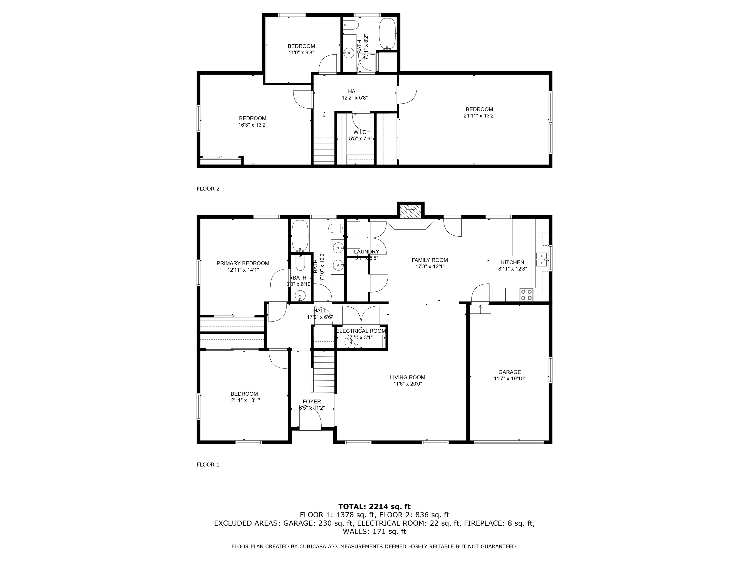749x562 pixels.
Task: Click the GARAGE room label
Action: click(509, 372)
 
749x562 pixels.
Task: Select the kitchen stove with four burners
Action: click(526, 294)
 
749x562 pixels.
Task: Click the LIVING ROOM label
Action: click(407, 377)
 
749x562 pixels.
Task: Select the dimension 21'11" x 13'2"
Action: click(479, 116)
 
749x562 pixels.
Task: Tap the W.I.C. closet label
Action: click(360, 132)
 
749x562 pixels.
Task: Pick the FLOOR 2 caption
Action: click(208, 189)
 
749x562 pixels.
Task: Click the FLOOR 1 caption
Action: click(208, 464)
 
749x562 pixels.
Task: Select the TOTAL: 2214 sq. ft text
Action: click(374, 506)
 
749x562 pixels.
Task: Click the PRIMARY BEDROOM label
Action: click(243, 263)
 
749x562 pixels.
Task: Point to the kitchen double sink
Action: click(541, 259)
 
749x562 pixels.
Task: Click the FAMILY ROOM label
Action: click(429, 260)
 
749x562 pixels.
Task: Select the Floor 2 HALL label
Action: click(355, 91)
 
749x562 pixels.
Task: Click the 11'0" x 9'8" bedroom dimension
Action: click(301, 52)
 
